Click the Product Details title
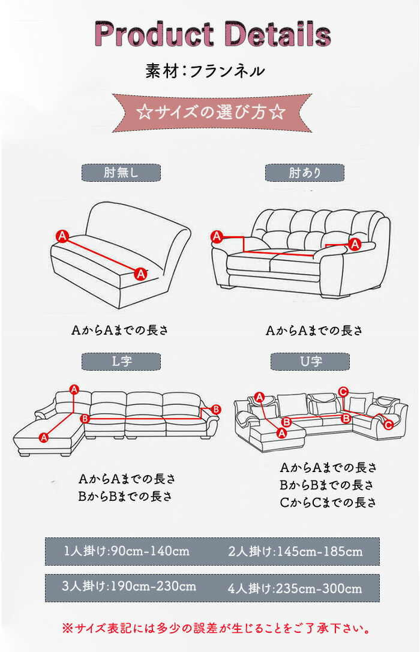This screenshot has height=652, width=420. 212,34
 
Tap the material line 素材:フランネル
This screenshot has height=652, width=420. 205,71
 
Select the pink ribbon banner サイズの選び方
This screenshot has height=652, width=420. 212,113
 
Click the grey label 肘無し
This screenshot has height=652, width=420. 121,173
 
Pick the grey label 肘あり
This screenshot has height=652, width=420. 305,173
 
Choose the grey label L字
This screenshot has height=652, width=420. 121,361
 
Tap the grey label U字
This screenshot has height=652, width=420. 310,361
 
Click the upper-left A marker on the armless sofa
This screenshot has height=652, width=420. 62,236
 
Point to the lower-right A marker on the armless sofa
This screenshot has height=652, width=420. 141,274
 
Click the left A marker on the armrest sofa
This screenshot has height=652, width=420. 217,236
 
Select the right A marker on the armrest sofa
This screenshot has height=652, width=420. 355,244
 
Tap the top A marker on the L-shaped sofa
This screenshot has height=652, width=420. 74,390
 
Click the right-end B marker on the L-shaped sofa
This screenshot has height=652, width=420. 216,410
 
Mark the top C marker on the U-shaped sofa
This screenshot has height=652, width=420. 343,392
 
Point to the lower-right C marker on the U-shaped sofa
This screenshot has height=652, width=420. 388,425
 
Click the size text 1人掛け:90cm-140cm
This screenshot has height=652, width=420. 127,551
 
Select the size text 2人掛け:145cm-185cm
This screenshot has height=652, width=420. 295,551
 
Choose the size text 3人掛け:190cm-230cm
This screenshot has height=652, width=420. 129,587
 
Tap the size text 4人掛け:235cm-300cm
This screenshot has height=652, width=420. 295,589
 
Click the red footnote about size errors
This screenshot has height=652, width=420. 216,628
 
